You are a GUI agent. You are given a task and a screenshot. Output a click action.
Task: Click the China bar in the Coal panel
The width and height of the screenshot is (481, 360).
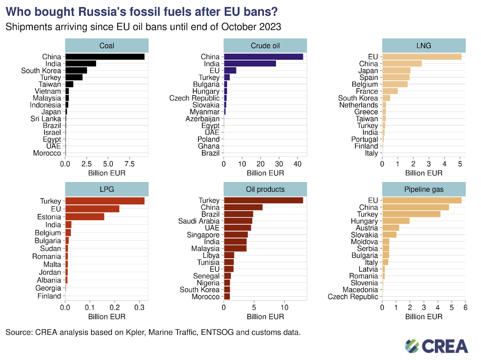point(105,56)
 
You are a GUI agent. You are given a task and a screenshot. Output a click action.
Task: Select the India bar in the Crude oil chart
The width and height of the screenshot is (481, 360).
point(249,64)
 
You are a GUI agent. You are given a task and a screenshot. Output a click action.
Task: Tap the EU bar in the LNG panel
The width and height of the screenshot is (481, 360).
point(421,56)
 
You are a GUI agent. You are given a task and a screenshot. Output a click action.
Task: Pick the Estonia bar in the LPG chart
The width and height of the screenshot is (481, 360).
point(85,217)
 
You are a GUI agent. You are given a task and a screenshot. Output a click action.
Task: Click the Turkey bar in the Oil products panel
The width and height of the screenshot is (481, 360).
point(263,200)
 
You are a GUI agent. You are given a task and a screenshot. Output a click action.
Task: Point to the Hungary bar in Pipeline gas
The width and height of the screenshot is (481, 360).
point(396,221)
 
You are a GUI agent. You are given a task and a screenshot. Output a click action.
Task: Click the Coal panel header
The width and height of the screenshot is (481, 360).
point(107,46)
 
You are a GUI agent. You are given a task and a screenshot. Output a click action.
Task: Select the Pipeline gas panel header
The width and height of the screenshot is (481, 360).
point(424,189)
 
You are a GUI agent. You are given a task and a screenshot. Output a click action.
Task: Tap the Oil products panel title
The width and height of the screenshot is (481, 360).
point(265,189)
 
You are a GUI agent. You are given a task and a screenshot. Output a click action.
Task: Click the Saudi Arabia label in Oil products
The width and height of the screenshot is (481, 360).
point(199,221)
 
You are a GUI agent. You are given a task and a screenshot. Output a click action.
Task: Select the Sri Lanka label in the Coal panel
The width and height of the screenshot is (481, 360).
point(46,119)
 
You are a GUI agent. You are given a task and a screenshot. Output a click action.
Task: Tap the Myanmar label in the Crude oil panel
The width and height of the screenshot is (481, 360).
point(205,112)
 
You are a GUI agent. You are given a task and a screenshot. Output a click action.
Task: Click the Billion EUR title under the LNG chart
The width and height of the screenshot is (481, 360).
point(424,173)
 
